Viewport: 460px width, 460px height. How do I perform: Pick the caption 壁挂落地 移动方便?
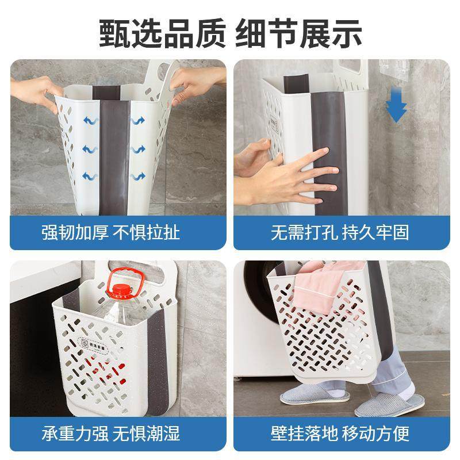coord(340,433)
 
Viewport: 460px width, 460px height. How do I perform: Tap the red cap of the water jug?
coord(120,290)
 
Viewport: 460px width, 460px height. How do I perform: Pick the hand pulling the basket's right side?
coord(195,80)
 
